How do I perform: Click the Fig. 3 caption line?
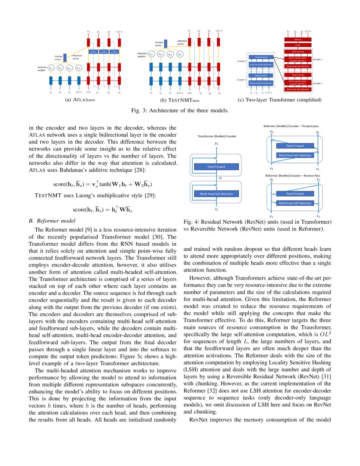180,111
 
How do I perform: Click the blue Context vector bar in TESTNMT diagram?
166,43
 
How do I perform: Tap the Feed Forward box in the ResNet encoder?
216,167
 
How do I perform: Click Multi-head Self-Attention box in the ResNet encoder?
216,194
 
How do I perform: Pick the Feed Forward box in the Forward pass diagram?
295,146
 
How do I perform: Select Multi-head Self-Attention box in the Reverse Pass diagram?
295,203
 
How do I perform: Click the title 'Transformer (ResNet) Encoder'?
217,136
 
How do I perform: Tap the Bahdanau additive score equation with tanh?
103,185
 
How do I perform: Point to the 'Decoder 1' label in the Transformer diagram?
318,83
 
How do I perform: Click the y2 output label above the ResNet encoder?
216,144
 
